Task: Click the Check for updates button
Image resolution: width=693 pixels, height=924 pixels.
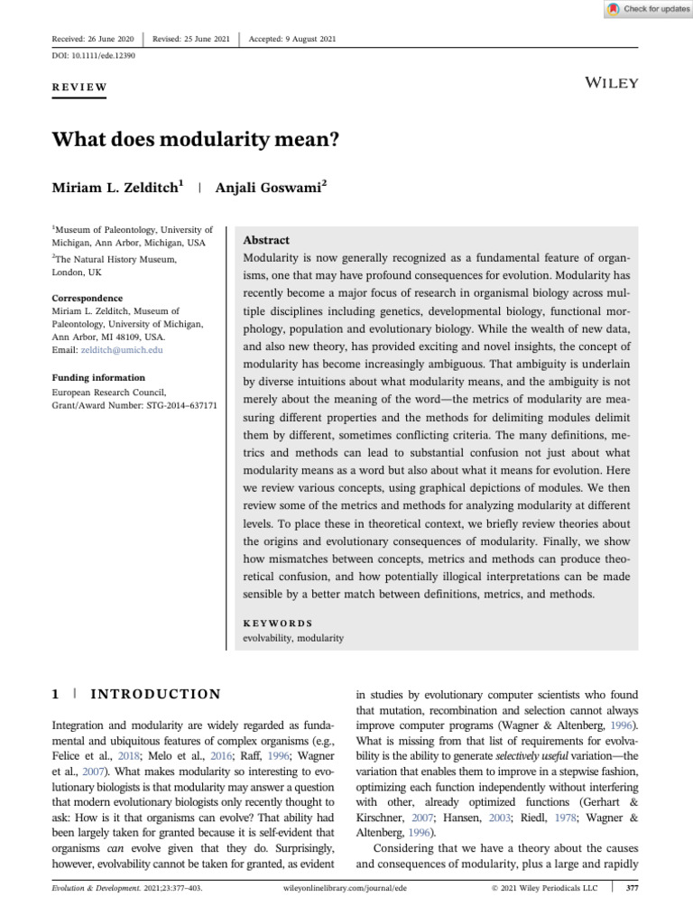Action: click(647, 9)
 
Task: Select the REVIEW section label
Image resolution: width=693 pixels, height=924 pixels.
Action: click(80, 88)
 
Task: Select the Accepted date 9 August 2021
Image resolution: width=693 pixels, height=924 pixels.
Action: click(293, 39)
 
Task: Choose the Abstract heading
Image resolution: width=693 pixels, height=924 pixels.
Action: click(266, 241)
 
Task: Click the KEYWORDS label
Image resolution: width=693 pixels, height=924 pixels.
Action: click(278, 623)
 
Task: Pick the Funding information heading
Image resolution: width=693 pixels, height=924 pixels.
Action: click(98, 377)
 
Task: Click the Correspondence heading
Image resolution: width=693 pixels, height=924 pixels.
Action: click(87, 298)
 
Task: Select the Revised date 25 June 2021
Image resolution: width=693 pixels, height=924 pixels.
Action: click(191, 39)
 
